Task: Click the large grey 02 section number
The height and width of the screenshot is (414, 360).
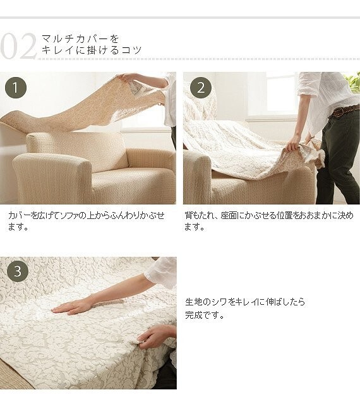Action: coord(18,47)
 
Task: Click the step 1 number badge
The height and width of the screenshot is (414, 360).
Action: coord(16,88)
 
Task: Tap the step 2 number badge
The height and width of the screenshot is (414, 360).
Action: coord(201,88)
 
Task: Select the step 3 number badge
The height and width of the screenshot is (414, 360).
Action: coord(18,271)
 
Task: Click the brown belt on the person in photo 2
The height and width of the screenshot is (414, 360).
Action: coord(345,110)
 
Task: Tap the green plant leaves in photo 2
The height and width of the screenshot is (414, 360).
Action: coord(352,80)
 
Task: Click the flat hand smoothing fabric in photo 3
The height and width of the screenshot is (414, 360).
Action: coord(71,307)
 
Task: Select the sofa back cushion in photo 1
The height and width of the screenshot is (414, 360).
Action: coord(76,150)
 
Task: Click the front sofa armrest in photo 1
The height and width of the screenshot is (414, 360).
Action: coord(52,178)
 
